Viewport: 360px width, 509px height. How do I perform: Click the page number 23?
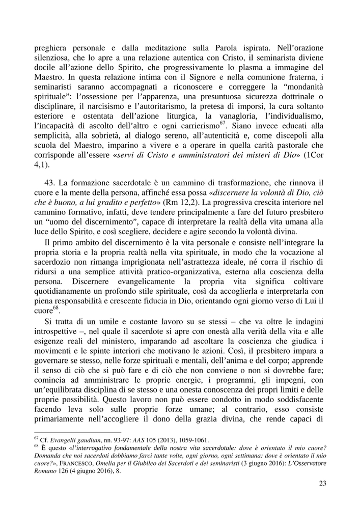click(x=322, y=483)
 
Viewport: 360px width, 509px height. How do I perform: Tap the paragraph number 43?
click(x=50, y=183)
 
